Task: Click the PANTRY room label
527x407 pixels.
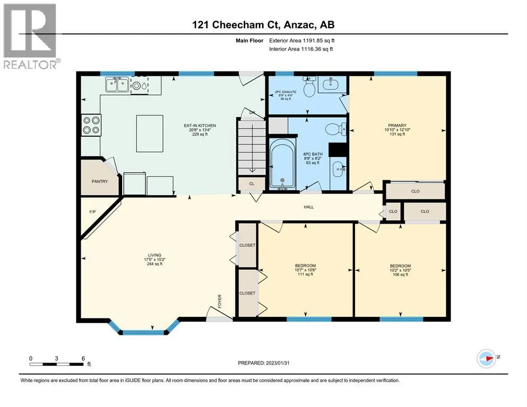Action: pyautogui.click(x=99, y=182)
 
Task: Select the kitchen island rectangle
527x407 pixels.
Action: pyautogui.click(x=150, y=134)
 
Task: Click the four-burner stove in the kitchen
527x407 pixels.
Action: pyautogui.click(x=91, y=125)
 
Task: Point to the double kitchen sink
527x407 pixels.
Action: pyautogui.click(x=117, y=85)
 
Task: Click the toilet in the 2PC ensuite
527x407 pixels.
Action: pyautogui.click(x=309, y=86)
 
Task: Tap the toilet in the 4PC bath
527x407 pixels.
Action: pyautogui.click(x=336, y=129)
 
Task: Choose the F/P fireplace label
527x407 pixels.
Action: pyautogui.click(x=92, y=212)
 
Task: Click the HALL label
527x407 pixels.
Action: pyautogui.click(x=308, y=207)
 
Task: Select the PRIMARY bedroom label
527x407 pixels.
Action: pyautogui.click(x=398, y=126)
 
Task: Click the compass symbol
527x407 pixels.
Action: pyautogui.click(x=486, y=358)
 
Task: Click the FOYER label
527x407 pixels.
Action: pyautogui.click(x=220, y=302)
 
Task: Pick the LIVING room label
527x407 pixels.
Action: pyautogui.click(x=154, y=255)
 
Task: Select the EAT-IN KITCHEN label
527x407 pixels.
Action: pyautogui.click(x=200, y=126)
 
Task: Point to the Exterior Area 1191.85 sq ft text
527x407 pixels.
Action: pyautogui.click(x=302, y=41)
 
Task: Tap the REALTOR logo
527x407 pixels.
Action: pyautogui.click(x=31, y=36)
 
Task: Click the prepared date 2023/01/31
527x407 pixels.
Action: pyautogui.click(x=278, y=363)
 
